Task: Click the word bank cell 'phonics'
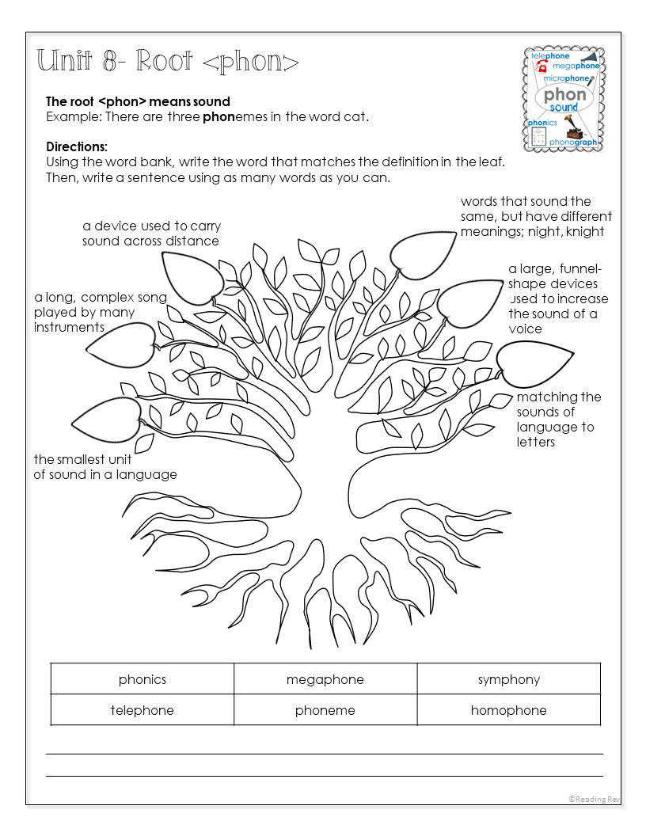coord(142,678)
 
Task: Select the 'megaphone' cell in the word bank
coord(325,678)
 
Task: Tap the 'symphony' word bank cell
coord(509,678)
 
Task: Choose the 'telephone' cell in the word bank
coord(142,709)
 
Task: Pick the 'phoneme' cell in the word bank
coord(325,709)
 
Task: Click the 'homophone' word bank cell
coord(509,709)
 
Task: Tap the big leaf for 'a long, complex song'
coord(122,345)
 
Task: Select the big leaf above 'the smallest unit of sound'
coord(108,420)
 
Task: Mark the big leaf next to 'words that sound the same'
coord(422,255)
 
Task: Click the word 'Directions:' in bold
coord(77,146)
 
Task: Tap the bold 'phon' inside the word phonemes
coord(218,116)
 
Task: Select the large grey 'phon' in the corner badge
coord(564,95)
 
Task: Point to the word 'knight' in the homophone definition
coord(585,231)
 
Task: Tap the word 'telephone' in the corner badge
coord(550,56)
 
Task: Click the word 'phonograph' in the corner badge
coord(573,142)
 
